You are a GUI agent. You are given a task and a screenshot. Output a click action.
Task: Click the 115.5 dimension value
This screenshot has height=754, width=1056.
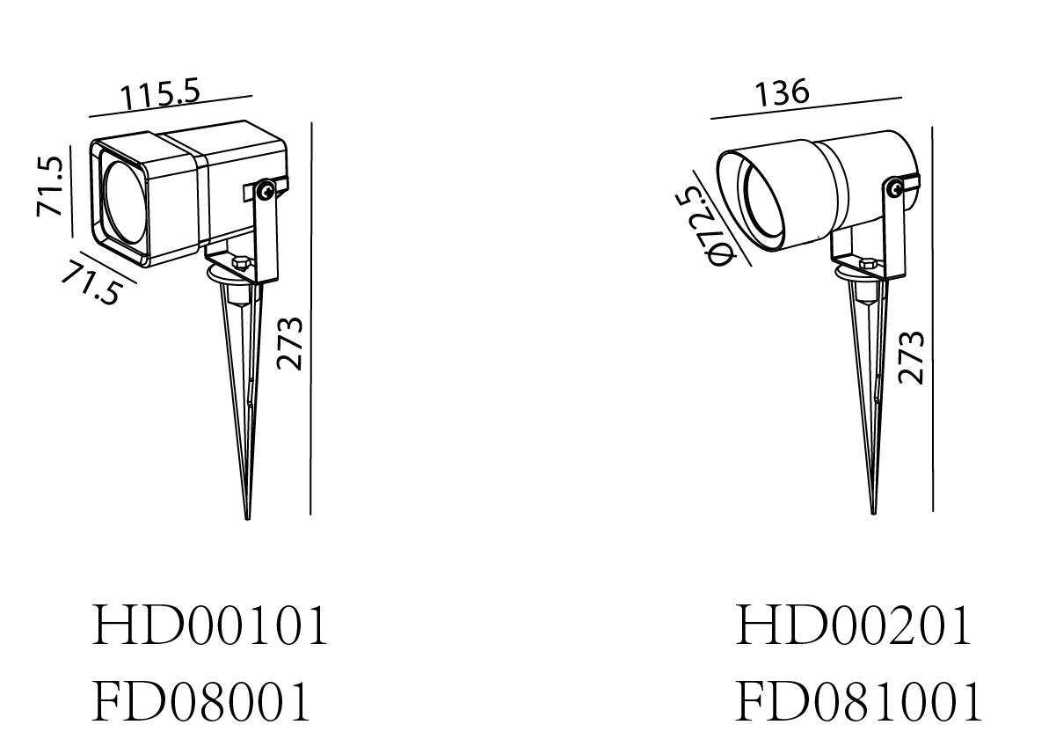[161, 95]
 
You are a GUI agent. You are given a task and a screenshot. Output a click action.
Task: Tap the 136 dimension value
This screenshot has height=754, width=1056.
[782, 92]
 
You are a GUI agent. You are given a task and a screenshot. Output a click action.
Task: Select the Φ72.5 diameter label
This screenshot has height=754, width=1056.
[705, 227]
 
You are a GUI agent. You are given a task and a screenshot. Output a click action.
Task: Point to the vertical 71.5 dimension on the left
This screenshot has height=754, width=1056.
[49, 186]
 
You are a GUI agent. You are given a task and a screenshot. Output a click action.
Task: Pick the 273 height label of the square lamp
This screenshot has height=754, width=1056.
[289, 343]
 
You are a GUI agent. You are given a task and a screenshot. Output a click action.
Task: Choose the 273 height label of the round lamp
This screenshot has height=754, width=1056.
[911, 358]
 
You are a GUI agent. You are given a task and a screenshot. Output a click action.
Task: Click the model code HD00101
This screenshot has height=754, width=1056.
[209, 626]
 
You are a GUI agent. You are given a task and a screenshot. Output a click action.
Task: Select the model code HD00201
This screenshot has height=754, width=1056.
[853, 626]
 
